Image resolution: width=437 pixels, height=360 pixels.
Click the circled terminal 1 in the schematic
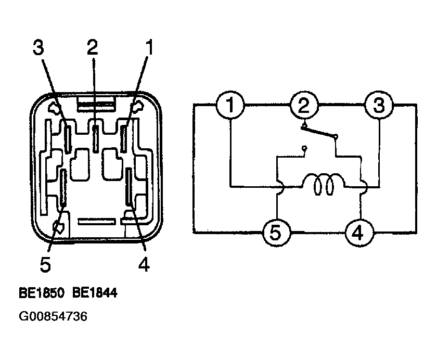[230, 105]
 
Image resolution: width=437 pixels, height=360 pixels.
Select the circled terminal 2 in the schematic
[304, 105]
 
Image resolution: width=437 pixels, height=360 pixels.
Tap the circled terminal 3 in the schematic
[379, 105]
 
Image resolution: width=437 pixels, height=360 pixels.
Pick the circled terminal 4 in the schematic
[359, 233]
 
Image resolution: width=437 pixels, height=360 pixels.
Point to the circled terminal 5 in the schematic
[277, 233]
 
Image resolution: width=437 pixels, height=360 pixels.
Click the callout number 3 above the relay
[38, 47]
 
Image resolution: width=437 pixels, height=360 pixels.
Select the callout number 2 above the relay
[93, 47]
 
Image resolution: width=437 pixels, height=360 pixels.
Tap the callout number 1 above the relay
[150, 47]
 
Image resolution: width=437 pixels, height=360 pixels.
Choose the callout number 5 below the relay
[45, 264]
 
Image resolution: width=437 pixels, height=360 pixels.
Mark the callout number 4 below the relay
[144, 264]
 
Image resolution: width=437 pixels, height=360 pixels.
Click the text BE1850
[42, 293]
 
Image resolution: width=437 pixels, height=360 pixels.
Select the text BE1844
[95, 293]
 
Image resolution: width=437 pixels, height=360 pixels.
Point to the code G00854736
[53, 316]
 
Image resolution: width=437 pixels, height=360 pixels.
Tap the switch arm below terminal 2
[318, 132]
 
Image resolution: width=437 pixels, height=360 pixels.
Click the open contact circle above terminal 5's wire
[305, 147]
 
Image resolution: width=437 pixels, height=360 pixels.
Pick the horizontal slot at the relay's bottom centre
[97, 222]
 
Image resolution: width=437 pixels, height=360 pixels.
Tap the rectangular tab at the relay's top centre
[96, 104]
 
